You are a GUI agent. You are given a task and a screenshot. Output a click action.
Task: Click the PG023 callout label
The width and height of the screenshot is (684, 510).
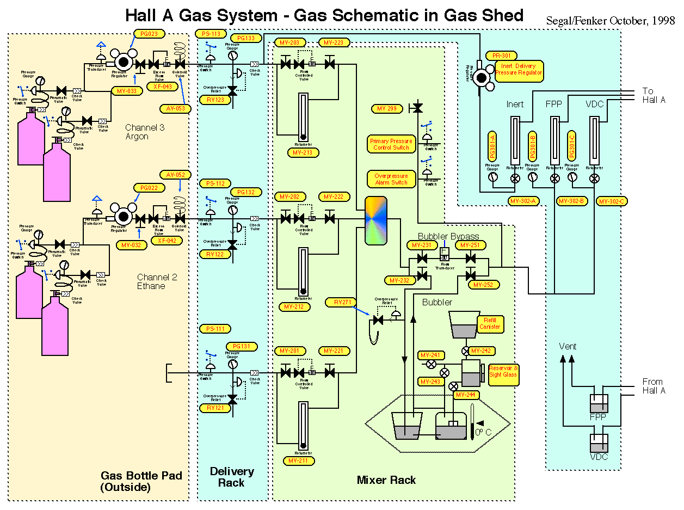(x=149, y=34)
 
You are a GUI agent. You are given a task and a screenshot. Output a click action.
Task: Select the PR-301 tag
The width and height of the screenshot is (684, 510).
(x=501, y=56)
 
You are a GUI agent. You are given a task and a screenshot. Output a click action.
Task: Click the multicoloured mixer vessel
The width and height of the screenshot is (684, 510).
(x=375, y=220)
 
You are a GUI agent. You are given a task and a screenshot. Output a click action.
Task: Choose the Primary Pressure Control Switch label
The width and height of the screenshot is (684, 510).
(x=391, y=144)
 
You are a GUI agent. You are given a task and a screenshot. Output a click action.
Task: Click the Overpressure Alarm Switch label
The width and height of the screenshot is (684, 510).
(x=391, y=180)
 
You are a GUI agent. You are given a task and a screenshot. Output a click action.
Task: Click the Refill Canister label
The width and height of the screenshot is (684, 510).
(x=489, y=324)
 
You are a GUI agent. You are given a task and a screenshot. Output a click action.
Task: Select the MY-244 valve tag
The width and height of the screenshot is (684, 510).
(x=466, y=395)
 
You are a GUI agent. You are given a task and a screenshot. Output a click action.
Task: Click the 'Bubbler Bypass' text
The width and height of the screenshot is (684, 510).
(x=448, y=236)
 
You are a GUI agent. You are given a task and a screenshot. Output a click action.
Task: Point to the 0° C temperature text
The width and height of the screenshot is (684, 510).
(x=483, y=432)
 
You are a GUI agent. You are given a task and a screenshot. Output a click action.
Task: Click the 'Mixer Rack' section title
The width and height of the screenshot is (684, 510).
(x=386, y=480)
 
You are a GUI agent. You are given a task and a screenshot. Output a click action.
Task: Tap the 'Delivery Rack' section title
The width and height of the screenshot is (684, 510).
(x=232, y=477)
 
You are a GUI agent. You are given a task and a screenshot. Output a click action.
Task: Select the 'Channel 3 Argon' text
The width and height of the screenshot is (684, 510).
(x=144, y=132)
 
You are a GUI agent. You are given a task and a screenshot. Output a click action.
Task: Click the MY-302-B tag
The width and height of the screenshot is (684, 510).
(x=572, y=201)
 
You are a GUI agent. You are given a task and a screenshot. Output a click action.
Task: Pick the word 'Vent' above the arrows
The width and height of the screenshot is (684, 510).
(x=568, y=346)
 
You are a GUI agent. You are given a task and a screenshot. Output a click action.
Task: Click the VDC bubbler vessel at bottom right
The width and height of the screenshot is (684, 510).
(x=599, y=443)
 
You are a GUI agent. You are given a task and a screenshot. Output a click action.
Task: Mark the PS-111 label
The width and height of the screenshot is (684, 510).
(x=214, y=329)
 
